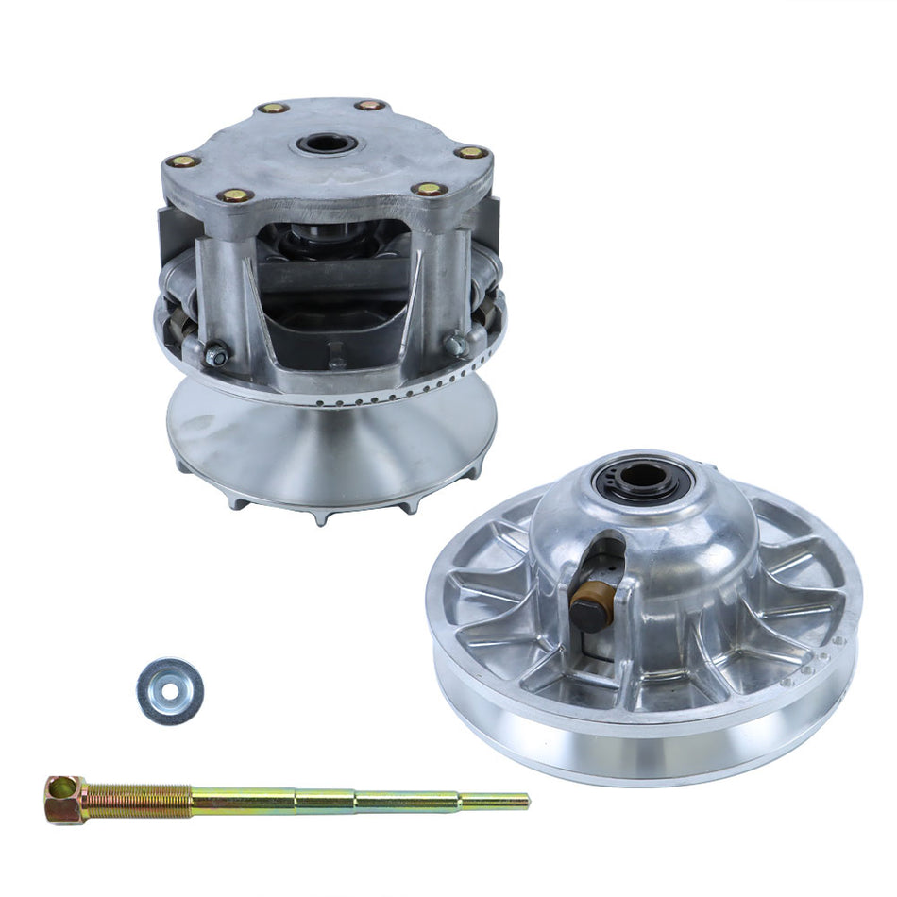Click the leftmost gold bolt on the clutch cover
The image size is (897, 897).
(182, 161)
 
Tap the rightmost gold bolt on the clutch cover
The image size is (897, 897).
(470, 152)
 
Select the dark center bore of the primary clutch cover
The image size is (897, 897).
(327, 145)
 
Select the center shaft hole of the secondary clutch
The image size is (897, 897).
(644, 477)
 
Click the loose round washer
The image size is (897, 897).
(170, 691)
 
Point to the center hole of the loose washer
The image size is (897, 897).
(170, 690)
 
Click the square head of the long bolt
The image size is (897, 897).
(64, 799)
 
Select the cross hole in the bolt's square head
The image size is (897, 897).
(60, 787)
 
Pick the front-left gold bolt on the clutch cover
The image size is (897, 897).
(235, 195)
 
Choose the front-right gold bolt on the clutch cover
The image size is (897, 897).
(430, 189)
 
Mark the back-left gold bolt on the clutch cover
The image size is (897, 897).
(274, 108)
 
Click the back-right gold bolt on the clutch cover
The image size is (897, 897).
(369, 105)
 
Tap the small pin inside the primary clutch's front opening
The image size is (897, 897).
(336, 360)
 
